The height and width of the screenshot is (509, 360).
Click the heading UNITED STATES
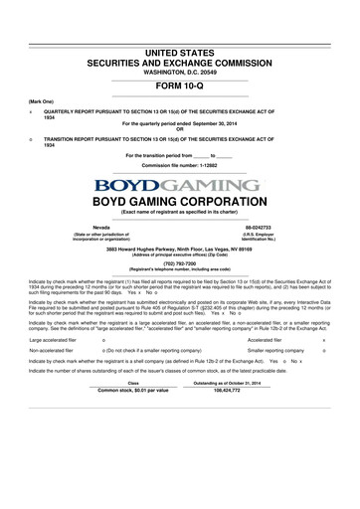click(x=180, y=50)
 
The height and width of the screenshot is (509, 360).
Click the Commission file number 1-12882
click(x=180, y=168)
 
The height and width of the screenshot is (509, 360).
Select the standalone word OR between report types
click(x=180, y=131)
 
